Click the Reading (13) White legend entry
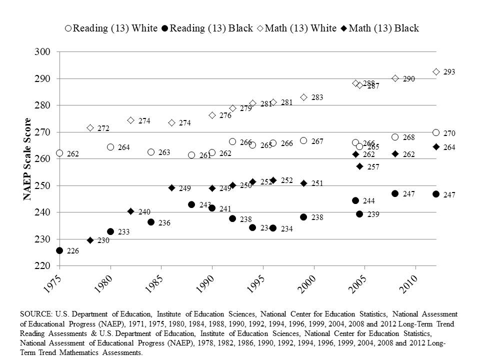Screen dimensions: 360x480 click(x=111, y=28)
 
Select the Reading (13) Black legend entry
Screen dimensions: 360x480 click(x=207, y=28)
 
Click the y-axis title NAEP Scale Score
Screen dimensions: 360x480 click(x=28, y=158)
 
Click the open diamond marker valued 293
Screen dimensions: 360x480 click(x=436, y=72)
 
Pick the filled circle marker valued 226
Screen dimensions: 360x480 click(x=59, y=250)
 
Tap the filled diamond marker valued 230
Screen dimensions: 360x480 click(x=90, y=240)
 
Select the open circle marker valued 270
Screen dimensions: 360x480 click(x=436, y=132)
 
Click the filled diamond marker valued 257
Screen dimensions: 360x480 click(x=359, y=166)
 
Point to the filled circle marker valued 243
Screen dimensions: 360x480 click(x=191, y=204)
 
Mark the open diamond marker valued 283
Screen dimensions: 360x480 click(x=303, y=97)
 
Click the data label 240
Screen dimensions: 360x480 click(x=145, y=212)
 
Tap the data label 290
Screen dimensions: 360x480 click(x=409, y=79)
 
